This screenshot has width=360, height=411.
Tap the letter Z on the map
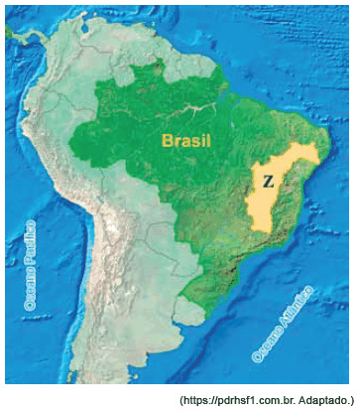pyautogui.click(x=268, y=182)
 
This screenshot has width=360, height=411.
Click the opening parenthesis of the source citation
pyautogui.click(x=181, y=399)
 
